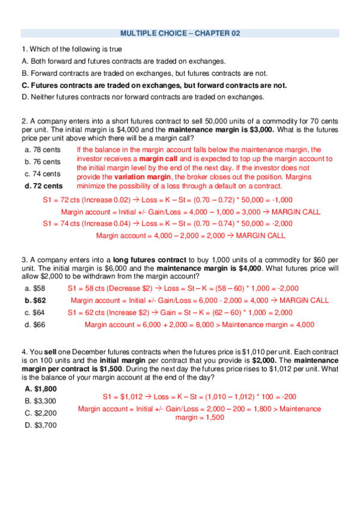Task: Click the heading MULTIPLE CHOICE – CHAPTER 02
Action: pyautogui.click(x=180, y=34)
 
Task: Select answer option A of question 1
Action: pyautogui.click(x=123, y=61)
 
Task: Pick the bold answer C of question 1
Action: pyautogui.click(x=154, y=85)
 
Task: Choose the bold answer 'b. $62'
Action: pyautogui.click(x=35, y=300)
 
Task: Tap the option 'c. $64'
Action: pyautogui.click(x=35, y=312)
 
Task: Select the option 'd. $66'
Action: pyautogui.click(x=35, y=324)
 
